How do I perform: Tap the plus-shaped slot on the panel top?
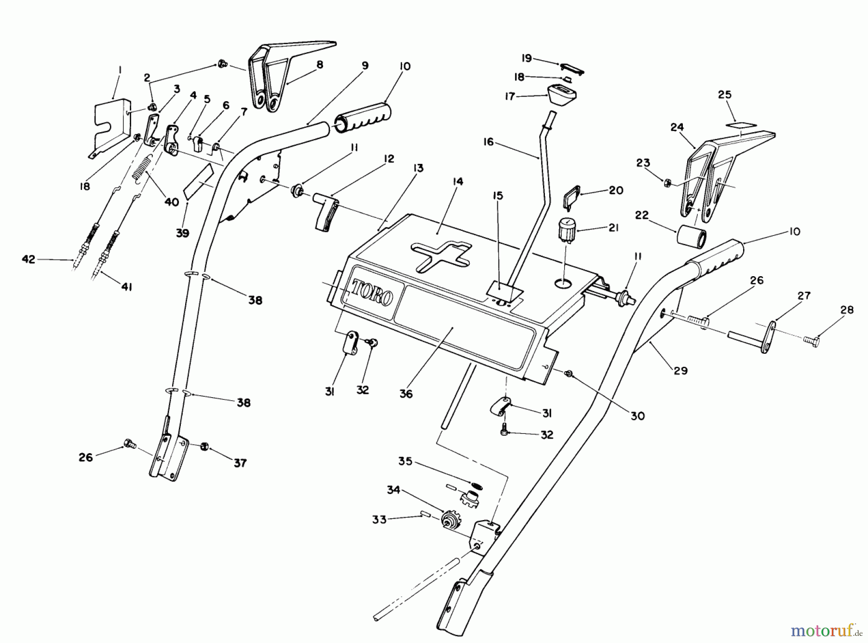[x=439, y=255]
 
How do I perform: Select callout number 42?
[x=28, y=259]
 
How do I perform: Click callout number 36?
[x=406, y=394]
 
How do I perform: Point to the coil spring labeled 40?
[x=143, y=169]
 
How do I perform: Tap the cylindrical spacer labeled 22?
[x=692, y=237]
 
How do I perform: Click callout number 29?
[x=680, y=370]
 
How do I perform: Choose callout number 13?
[x=418, y=168]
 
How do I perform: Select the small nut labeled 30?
[x=570, y=374]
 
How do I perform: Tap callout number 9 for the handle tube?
[x=365, y=65]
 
